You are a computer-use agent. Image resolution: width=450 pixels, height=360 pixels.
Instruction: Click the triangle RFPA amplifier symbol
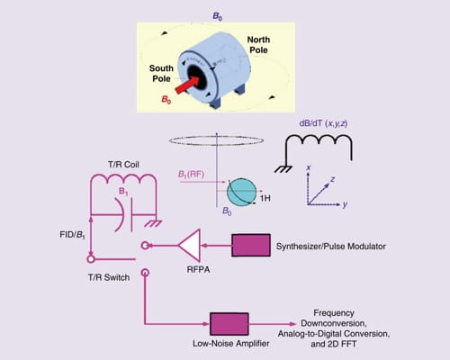tap(191, 245)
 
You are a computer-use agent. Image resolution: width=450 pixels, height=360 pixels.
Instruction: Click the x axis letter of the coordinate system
tap(309, 167)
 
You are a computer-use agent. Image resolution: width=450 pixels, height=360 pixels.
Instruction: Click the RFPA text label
tap(193, 265)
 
